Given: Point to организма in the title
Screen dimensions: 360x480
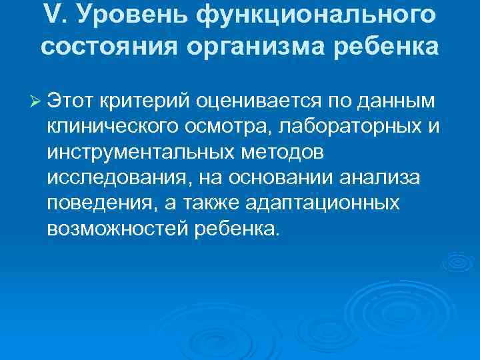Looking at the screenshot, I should pos(256,48).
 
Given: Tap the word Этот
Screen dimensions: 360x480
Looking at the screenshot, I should pos(72,101).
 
